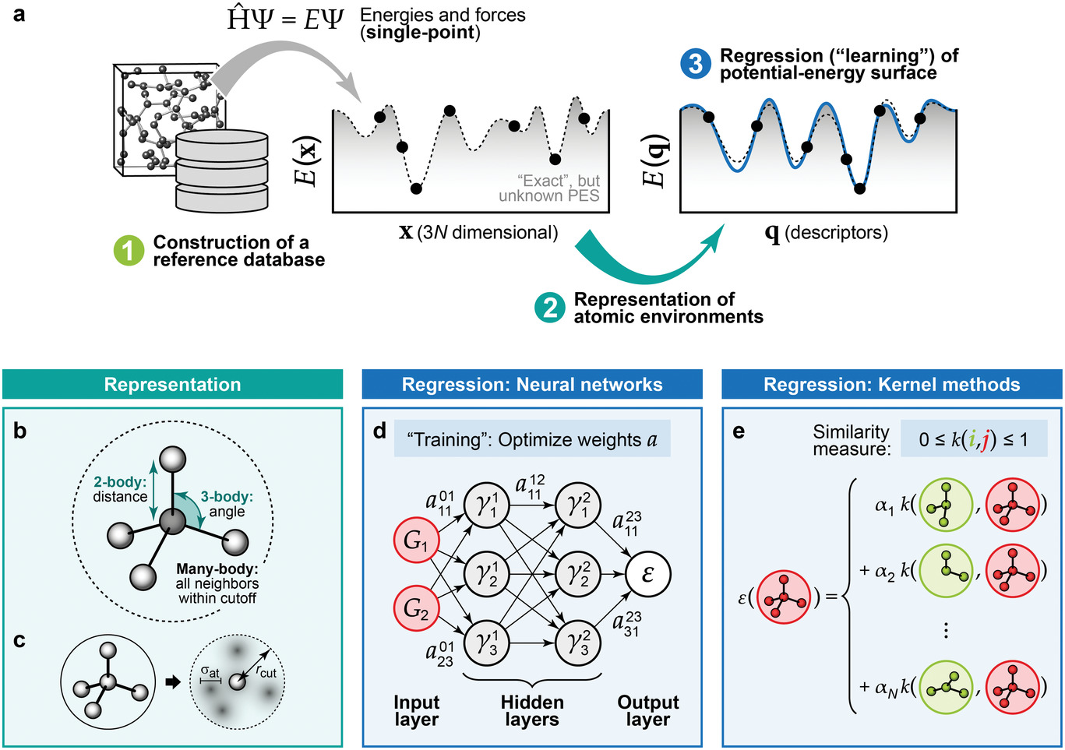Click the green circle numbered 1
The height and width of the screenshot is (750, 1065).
tap(129, 251)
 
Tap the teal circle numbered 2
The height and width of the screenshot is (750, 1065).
tap(550, 308)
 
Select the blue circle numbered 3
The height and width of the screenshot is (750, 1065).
tap(696, 64)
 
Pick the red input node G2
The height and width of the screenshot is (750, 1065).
tap(416, 608)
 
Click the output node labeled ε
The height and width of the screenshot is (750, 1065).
tap(647, 575)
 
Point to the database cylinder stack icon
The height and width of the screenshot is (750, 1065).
tap(222, 171)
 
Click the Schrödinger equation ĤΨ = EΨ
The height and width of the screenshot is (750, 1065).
tap(285, 19)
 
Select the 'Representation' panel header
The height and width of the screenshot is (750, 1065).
tap(172, 385)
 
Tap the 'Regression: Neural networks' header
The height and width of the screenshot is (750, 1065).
tap(532, 385)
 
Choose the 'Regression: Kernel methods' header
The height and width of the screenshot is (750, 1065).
tap(891, 385)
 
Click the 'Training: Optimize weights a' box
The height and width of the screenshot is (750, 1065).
tap(532, 440)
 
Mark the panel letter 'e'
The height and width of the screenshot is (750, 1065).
tap(739, 431)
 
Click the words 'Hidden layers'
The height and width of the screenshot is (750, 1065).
tap(532, 710)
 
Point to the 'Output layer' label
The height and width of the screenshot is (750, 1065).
tap(647, 710)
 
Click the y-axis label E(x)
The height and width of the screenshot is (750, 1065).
tap(305, 161)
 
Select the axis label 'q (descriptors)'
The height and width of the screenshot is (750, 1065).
tap(826, 232)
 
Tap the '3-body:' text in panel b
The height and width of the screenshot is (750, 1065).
tap(227, 496)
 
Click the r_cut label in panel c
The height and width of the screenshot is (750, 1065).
tap(266, 671)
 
